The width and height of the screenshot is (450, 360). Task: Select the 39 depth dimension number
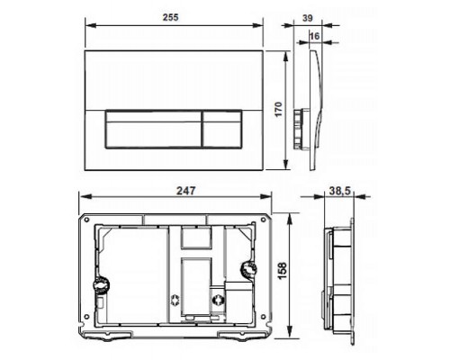308,19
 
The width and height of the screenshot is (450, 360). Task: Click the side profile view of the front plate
310,108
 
